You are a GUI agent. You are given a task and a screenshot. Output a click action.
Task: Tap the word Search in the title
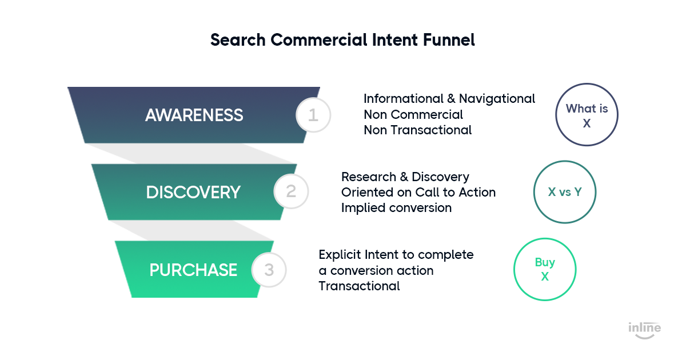[x=238, y=40]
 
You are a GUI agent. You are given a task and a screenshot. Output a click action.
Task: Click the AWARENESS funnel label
[x=194, y=115]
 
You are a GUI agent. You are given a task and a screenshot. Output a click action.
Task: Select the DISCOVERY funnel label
[x=193, y=193]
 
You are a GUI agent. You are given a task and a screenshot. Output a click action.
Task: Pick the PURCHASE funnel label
[x=193, y=270]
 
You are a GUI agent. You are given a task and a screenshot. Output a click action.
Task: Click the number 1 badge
[x=313, y=115]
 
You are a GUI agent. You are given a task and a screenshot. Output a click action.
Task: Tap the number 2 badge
[x=291, y=191]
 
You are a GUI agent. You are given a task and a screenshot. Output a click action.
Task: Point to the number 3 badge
[x=269, y=270]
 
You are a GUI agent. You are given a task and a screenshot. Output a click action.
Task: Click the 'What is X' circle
[x=587, y=84]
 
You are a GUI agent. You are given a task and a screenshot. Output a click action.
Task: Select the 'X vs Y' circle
[x=565, y=161]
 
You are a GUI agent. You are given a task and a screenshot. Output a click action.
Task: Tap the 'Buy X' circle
[x=545, y=239]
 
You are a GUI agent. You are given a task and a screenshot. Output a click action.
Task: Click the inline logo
[x=645, y=330]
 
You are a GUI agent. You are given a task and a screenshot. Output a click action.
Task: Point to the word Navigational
[x=497, y=99]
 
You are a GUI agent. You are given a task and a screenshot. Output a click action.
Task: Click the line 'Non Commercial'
[x=413, y=115]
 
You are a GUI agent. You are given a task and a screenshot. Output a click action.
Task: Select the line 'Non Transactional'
[x=418, y=130]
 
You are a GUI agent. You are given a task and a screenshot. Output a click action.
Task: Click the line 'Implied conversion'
[x=397, y=208]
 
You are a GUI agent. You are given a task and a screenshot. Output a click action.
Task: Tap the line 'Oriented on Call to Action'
[x=418, y=193]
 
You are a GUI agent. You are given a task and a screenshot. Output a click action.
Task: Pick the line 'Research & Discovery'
[x=405, y=177]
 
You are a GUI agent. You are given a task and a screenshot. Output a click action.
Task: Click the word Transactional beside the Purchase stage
[x=359, y=286]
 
